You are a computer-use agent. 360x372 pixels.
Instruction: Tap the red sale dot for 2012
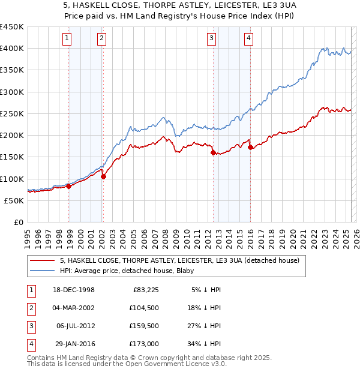pos(213,153)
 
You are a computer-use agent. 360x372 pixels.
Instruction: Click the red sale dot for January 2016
pos(250,147)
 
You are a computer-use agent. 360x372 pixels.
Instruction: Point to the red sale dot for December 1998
pos(69,186)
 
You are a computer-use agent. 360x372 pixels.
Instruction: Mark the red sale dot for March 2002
pos(103,176)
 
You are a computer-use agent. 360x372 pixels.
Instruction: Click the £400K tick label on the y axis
pos(12,49)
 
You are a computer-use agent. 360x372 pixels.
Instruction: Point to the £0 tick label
pos(19,222)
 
